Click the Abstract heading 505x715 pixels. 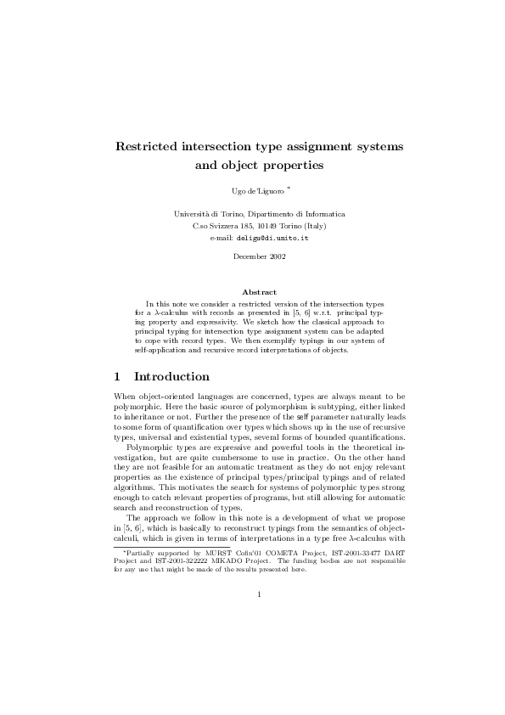(259, 292)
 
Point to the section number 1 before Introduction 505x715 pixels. (117, 376)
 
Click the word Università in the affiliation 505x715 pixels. (192, 214)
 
